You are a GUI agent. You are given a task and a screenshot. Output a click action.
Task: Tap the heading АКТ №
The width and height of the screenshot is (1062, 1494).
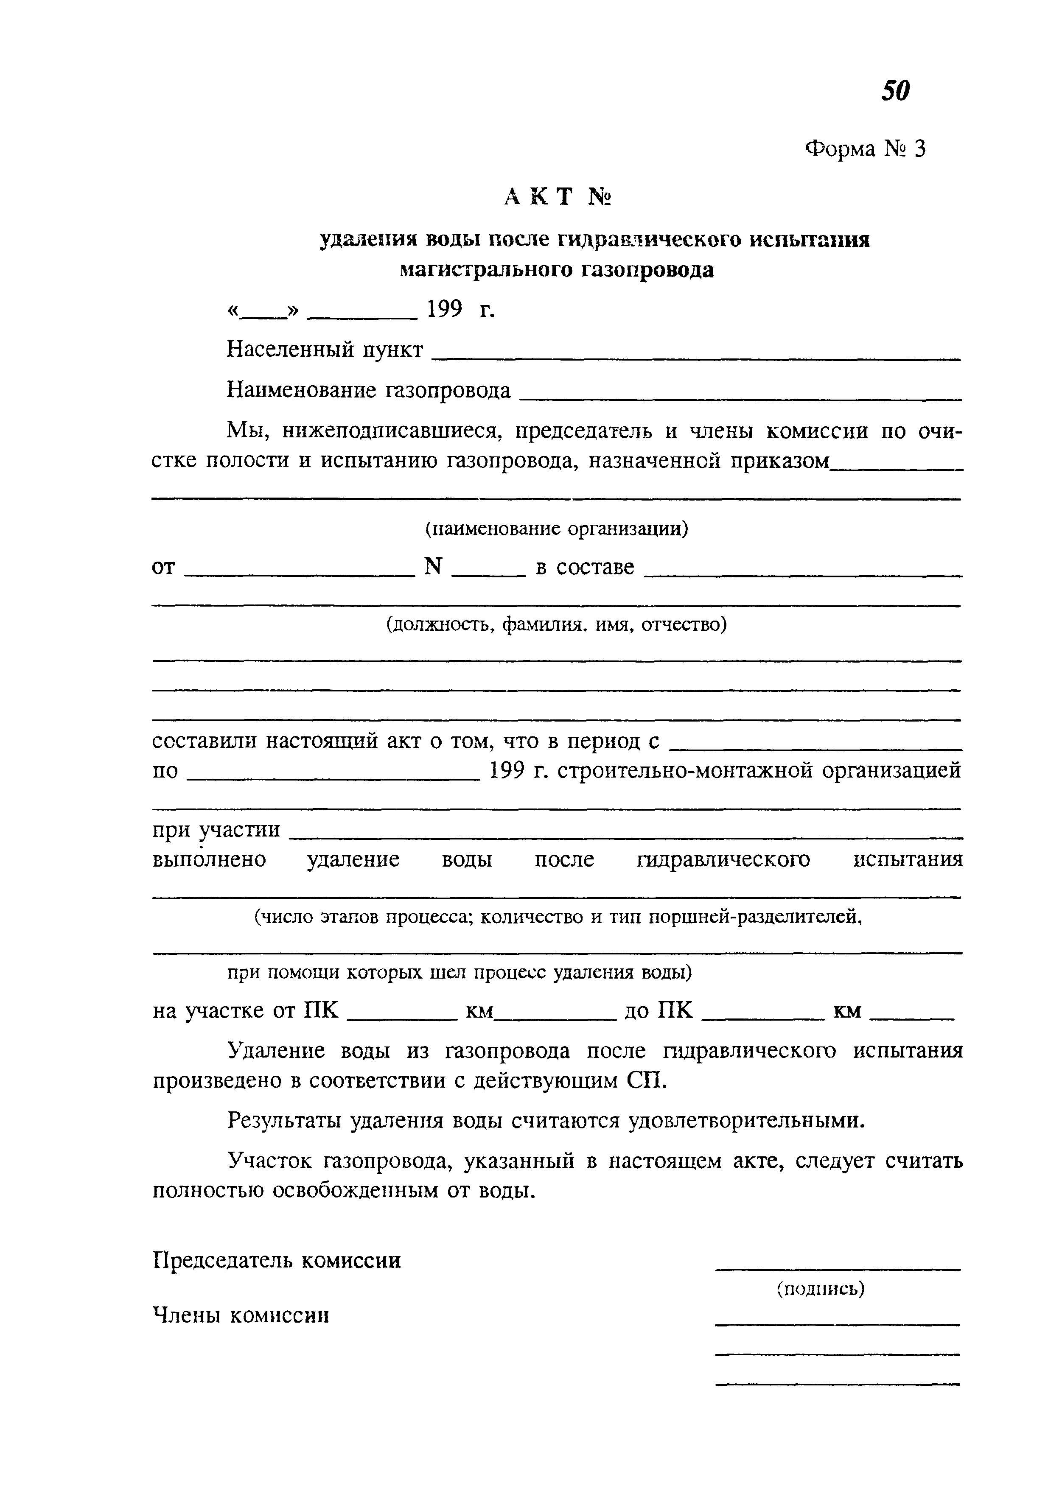tap(558, 196)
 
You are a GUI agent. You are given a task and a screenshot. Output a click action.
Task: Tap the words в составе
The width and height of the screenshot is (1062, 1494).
tap(585, 567)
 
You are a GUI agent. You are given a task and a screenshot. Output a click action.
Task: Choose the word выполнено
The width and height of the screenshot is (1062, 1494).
tap(209, 859)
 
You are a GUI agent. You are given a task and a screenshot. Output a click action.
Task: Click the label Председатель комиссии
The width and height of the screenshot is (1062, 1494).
tap(277, 1260)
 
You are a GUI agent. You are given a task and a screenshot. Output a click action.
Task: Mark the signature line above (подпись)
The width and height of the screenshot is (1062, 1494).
tap(838, 1269)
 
